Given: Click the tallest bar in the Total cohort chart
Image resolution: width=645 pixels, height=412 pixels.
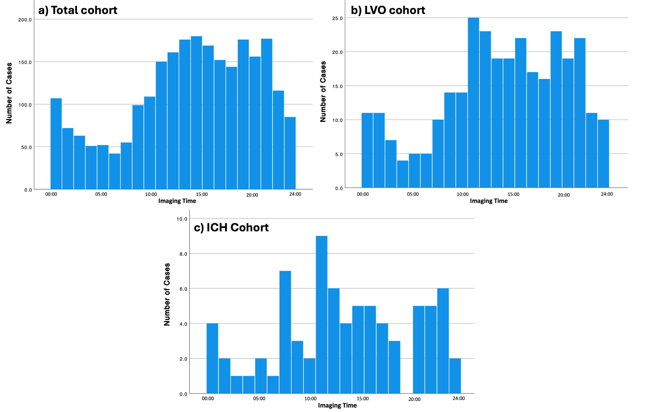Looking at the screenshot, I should [x=196, y=112].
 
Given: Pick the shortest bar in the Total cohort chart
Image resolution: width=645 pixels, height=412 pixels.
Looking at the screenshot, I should [x=115, y=171].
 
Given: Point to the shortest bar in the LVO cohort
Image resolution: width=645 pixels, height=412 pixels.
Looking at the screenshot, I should [x=403, y=174].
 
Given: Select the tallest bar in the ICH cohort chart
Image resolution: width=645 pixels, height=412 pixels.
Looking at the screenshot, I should [x=321, y=315].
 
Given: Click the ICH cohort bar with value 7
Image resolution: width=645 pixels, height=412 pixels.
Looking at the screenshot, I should [x=285, y=332].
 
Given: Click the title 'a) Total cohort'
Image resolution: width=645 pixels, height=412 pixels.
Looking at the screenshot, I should [x=78, y=10].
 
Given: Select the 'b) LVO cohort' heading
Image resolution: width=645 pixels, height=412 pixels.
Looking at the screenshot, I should [x=388, y=10].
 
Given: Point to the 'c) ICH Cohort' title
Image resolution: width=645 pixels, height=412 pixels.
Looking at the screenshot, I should [x=231, y=228].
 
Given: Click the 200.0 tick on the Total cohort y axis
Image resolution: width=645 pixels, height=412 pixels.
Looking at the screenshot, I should [x=25, y=20].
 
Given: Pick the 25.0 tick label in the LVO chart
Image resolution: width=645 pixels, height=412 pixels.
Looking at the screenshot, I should [x=337, y=18].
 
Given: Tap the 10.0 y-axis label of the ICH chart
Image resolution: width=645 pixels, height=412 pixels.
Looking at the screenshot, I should [x=182, y=219].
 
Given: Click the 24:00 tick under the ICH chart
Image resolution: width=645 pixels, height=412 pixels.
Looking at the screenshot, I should [x=459, y=398].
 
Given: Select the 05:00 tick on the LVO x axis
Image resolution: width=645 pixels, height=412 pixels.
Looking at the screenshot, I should [x=413, y=194].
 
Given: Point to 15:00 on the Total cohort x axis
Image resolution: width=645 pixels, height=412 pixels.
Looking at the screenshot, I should [x=202, y=194].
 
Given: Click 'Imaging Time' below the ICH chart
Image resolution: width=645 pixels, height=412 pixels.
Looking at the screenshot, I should [x=337, y=406].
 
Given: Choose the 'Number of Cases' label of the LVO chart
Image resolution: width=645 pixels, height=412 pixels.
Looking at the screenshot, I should [x=323, y=92].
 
